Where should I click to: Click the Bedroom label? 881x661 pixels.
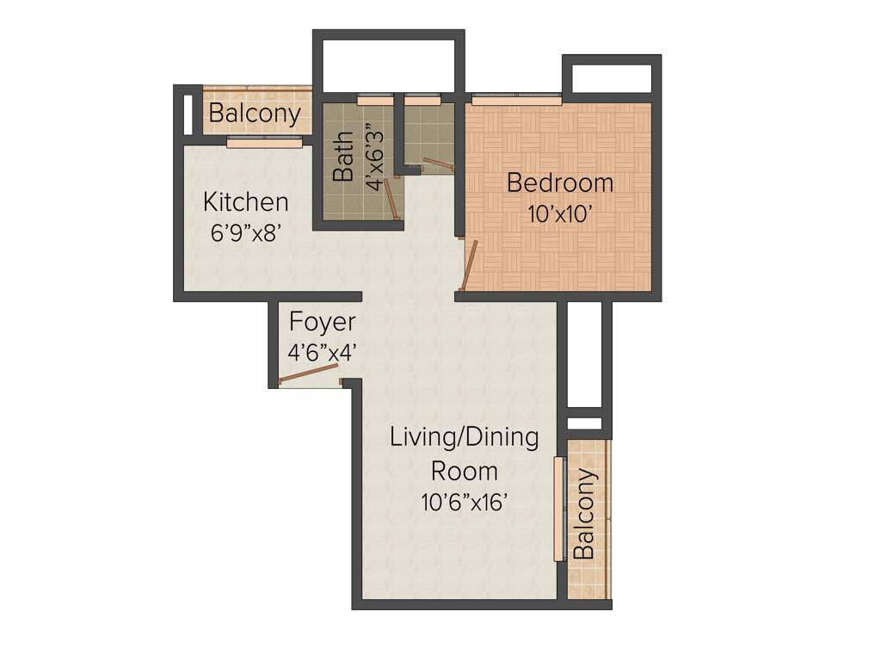pos(560,183)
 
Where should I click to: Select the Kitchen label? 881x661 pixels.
pos(245,203)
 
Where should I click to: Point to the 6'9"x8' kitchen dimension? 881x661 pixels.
pos(245,232)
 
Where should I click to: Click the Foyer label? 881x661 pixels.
pos(322,323)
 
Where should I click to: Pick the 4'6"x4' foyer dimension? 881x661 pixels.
pos(322,352)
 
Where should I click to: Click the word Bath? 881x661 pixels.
pos(342,156)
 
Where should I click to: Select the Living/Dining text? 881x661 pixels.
pos(465,437)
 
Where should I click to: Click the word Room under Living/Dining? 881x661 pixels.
pos(465,471)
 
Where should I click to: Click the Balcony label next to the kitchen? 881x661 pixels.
pos(255,114)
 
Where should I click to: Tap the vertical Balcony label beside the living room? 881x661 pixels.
pos(585,515)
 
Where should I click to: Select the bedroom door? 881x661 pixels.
pos(469,266)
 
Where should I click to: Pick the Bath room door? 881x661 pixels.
pos(391,199)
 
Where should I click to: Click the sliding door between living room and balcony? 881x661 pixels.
pos(558,508)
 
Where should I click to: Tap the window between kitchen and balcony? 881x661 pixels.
pos(265,143)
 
